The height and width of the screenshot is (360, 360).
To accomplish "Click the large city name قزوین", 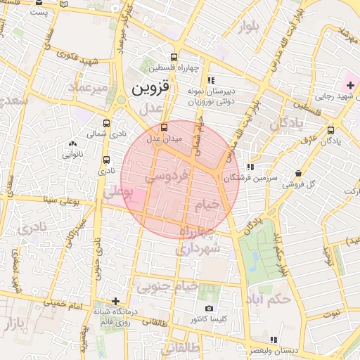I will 151,89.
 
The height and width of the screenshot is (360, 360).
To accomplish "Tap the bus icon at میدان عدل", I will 164,127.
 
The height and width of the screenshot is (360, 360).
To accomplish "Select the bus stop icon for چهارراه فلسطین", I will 174,57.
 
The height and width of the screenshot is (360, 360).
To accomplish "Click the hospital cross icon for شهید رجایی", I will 351,85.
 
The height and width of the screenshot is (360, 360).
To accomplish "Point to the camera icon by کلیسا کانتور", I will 209,309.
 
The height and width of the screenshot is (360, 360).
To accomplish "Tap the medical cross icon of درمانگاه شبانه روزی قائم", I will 115,301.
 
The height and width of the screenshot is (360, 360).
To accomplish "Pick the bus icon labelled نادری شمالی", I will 106,122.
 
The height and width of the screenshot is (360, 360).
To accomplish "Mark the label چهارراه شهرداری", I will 200,240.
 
